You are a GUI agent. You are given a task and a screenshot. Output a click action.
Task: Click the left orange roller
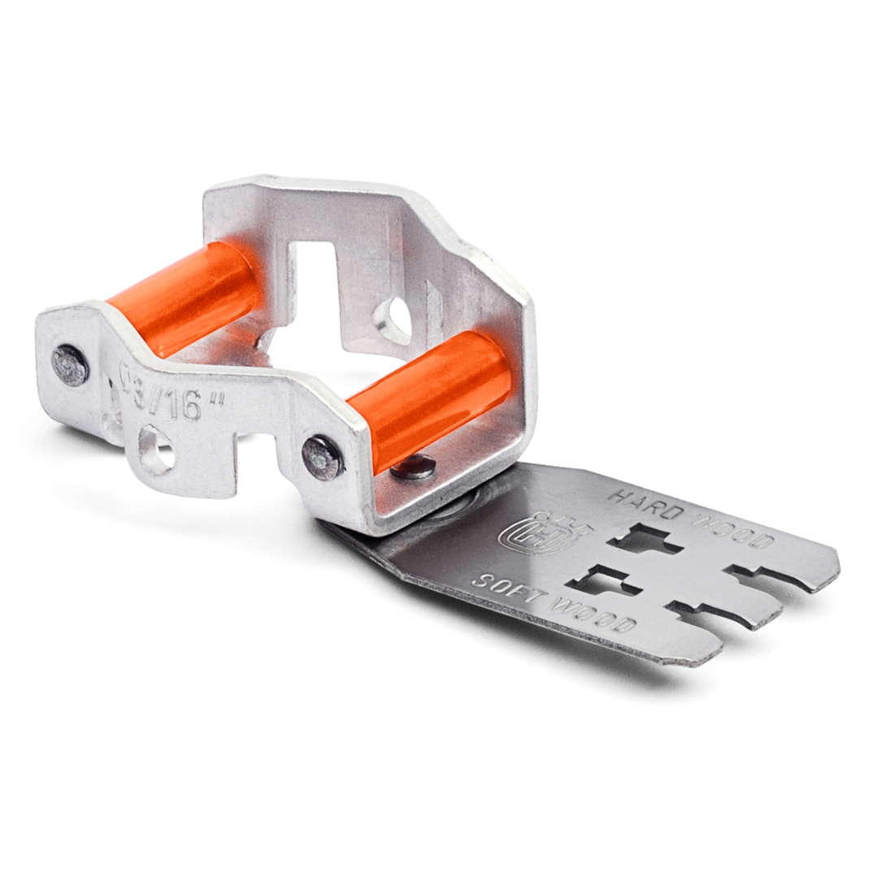(185, 297)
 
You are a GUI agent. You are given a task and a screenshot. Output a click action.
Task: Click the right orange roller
(428, 398)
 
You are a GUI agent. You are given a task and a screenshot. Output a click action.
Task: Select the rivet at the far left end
(69, 365)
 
